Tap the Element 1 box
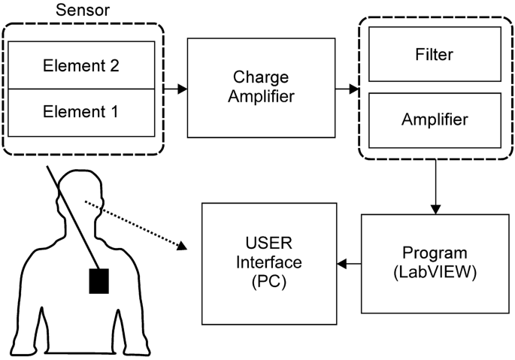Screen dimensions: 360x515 81,113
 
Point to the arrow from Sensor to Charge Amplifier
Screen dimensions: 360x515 176,89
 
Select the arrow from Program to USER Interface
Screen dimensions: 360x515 349,264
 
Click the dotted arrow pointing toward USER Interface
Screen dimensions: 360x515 135,224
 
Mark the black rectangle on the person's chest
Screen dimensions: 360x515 100,281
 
